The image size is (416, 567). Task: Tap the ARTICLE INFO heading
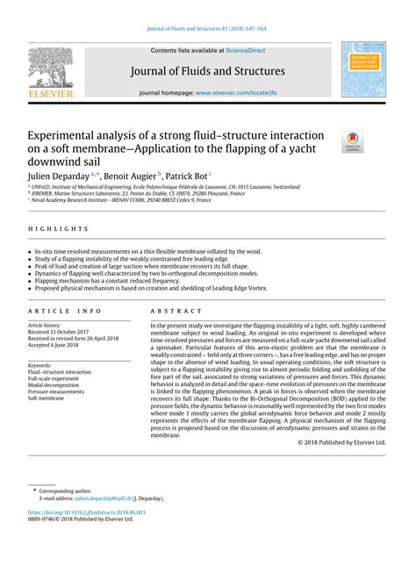point(65,311)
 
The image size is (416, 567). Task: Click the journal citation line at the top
point(207,11)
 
